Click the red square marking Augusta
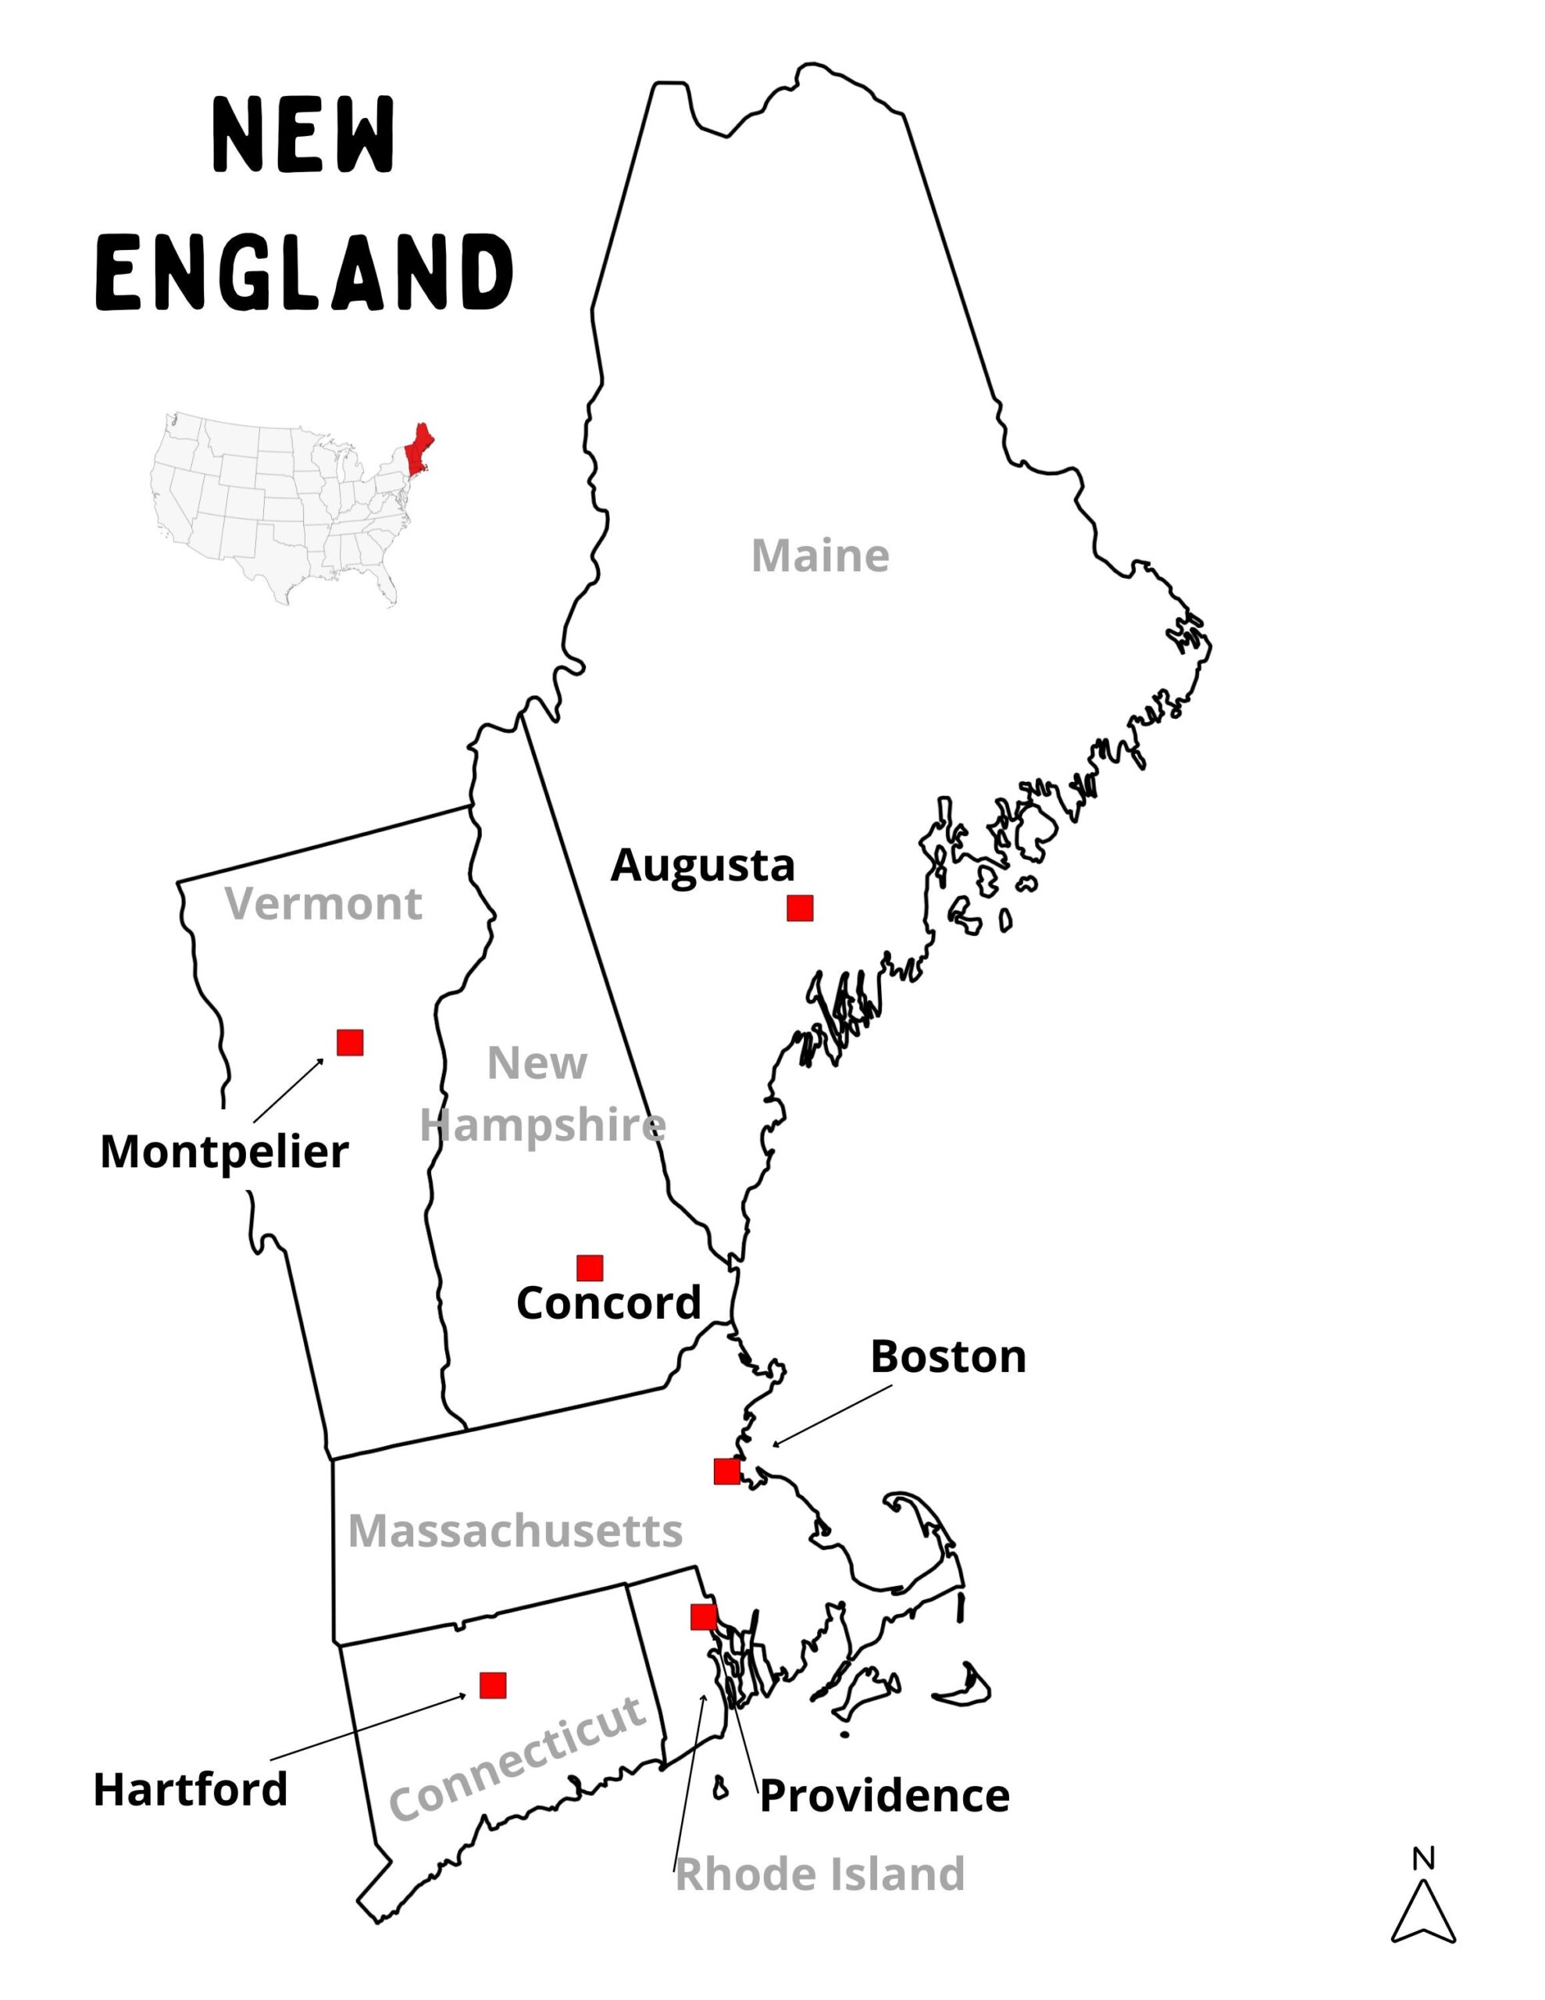pyautogui.click(x=800, y=909)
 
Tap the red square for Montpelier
pyautogui.click(x=350, y=1042)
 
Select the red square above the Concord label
pyautogui.click(x=590, y=1268)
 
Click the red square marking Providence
pyautogui.click(x=703, y=1617)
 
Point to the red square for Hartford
pyautogui.click(x=493, y=1685)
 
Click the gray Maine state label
pyautogui.click(x=819, y=556)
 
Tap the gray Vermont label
pyautogui.click(x=323, y=904)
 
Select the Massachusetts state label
pyautogui.click(x=515, y=1530)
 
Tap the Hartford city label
pyautogui.click(x=191, y=1789)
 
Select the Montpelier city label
pyautogui.click(x=224, y=1151)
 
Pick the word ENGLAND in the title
pyautogui.click(x=303, y=272)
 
